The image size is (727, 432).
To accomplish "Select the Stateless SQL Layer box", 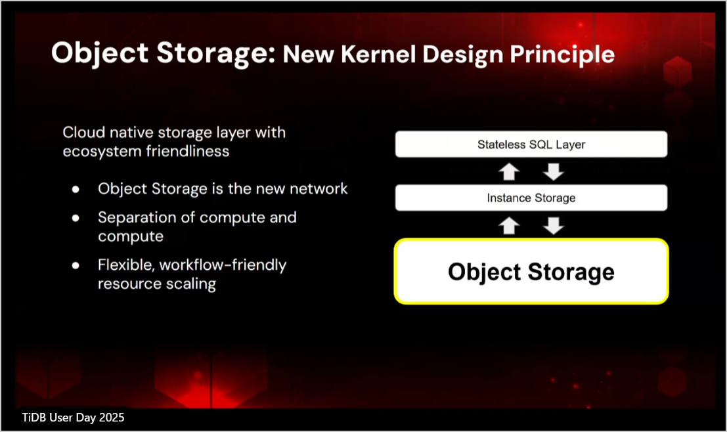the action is click(531, 144).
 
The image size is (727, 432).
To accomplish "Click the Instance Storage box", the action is click(531, 198).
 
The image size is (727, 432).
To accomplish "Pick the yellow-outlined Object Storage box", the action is click(531, 272).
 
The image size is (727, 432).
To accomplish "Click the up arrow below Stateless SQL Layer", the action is click(509, 171).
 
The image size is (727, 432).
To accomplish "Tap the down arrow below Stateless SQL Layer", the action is click(554, 171).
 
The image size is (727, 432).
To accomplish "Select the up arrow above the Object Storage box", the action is click(509, 226).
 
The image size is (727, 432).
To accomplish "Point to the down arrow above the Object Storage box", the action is click(554, 226).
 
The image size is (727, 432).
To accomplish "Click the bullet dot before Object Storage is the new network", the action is click(76, 189).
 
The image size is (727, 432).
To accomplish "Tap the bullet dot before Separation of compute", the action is click(76, 218).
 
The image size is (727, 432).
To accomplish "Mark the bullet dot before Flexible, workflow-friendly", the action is click(76, 266).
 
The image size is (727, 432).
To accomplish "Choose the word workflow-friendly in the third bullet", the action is click(223, 265).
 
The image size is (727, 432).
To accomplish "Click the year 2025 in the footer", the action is click(112, 418).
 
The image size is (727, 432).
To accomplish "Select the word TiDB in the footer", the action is click(34, 418).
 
